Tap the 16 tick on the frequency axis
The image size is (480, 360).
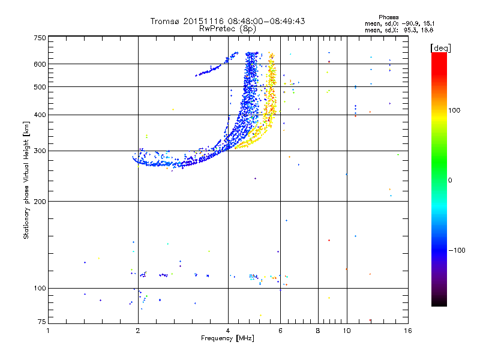(407, 331)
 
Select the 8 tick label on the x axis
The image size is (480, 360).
(318, 331)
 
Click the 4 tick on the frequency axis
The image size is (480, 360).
(228, 331)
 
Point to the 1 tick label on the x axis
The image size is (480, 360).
(49, 331)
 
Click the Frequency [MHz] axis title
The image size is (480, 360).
(227, 339)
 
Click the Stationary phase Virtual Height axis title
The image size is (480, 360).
(27, 180)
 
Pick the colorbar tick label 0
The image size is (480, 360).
(450, 180)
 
